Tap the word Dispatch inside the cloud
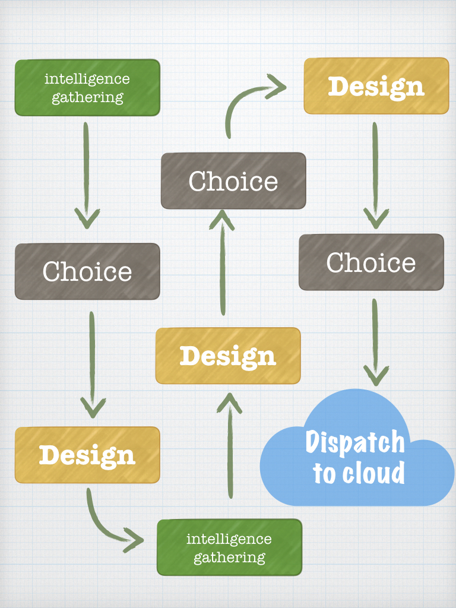[355, 442]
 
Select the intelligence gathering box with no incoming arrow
[87, 87]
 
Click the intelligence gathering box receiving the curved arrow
[229, 547]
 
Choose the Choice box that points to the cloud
[371, 262]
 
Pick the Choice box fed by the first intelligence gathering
[87, 271]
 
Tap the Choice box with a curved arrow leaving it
[233, 181]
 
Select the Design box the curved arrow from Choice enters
[376, 86]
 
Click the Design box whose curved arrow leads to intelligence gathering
[87, 455]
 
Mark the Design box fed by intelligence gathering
[228, 356]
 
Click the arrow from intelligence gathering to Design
[229, 445]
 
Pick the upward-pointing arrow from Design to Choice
[223, 261]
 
